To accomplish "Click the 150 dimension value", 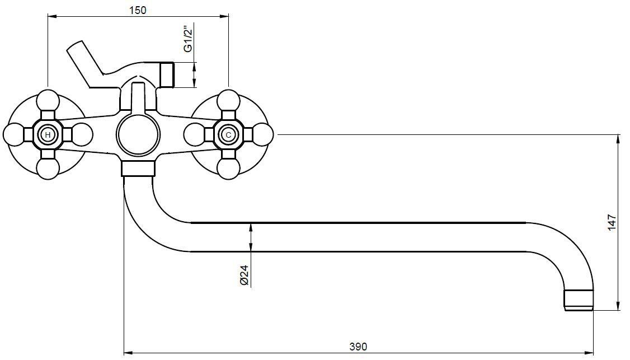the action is [x=138, y=10].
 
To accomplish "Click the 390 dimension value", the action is [x=358, y=347].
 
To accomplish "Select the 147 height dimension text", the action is [x=612, y=222].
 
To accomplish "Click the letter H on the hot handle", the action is [x=48, y=135].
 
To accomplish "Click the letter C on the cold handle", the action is [x=229, y=135].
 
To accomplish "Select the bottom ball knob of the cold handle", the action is [x=229, y=169].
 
